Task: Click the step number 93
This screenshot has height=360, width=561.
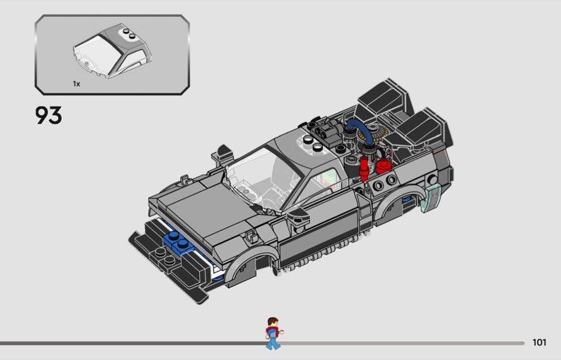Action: (x=48, y=114)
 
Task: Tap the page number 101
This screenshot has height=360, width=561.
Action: (x=539, y=343)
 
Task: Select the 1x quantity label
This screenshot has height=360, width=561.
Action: (x=76, y=84)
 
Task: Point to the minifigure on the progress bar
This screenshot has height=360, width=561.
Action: (x=271, y=333)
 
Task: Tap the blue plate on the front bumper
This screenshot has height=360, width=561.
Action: (x=177, y=242)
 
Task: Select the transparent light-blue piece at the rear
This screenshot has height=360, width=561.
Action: (x=433, y=199)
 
